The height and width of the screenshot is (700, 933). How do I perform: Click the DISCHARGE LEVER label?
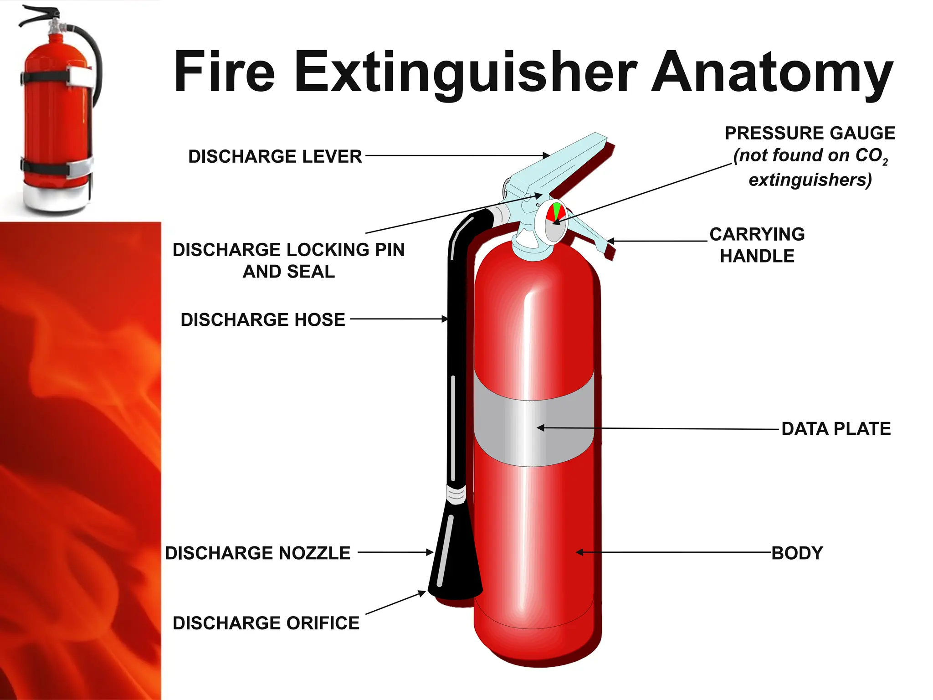275,156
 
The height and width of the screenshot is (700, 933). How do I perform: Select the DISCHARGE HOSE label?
263,319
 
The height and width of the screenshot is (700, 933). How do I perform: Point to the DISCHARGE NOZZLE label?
258,553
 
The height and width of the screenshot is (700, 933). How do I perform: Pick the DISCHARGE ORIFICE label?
266,623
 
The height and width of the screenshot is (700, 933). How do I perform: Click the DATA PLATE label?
836,429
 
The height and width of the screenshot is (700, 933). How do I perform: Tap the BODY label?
797,553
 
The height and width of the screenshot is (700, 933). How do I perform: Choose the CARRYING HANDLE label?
757,245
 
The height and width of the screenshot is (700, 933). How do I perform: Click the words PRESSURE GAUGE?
810,133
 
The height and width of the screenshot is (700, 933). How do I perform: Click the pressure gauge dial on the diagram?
554,222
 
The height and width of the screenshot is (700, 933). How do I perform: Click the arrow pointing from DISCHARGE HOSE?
399,319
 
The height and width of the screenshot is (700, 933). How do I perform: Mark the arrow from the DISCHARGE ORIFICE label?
395,602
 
